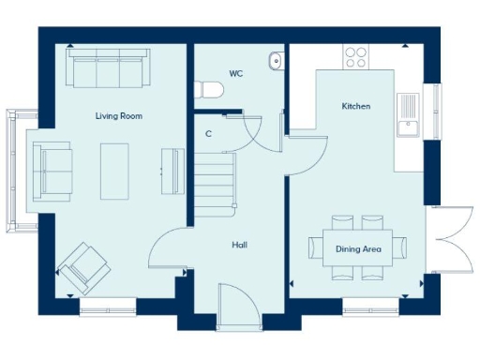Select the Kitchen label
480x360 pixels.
tap(355, 107)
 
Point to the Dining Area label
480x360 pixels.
tap(358, 249)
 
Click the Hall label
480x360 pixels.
tap(240, 246)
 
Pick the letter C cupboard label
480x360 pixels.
tap(208, 134)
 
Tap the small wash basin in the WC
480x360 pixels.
tap(275, 61)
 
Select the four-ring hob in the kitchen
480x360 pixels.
tap(356, 57)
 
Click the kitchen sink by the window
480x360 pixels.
tap(409, 110)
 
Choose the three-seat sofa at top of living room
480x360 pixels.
tap(105, 69)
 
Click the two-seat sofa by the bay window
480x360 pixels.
tap(52, 170)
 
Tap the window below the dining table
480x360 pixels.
tap(368, 307)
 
